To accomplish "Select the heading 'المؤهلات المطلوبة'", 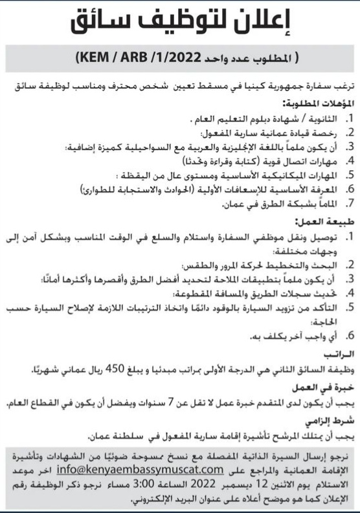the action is pos(314,103).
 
